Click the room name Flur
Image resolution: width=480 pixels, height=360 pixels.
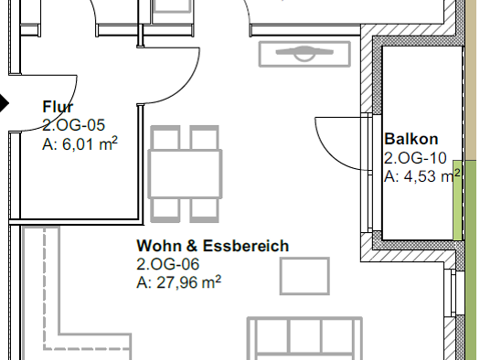tap(58, 107)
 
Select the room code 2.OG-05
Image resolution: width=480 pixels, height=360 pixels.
tap(73, 125)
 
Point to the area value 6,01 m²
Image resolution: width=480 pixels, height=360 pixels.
tap(80, 143)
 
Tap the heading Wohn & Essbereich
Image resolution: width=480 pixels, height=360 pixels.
tap(213, 246)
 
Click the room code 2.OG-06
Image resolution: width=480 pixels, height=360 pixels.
tap(167, 264)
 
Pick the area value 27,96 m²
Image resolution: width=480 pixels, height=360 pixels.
tap(179, 282)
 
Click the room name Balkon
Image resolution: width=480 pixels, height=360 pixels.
tap(411, 139)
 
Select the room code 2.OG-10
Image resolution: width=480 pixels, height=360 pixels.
tap(415, 158)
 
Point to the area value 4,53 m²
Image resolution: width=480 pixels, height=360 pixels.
tap(422, 176)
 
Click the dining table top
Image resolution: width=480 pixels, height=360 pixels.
tap(186, 174)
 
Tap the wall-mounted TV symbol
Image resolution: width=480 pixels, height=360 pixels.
tap(304, 54)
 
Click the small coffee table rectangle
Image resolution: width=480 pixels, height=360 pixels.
tap(304, 276)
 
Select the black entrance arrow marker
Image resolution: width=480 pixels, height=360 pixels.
tap(4, 103)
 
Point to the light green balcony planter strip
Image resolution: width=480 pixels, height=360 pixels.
tap(457, 200)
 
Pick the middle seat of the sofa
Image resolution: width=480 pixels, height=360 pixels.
tap(304, 336)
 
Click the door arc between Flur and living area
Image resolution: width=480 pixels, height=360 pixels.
tap(187, 84)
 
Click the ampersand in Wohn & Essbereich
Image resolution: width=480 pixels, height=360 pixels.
tap(192, 246)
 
